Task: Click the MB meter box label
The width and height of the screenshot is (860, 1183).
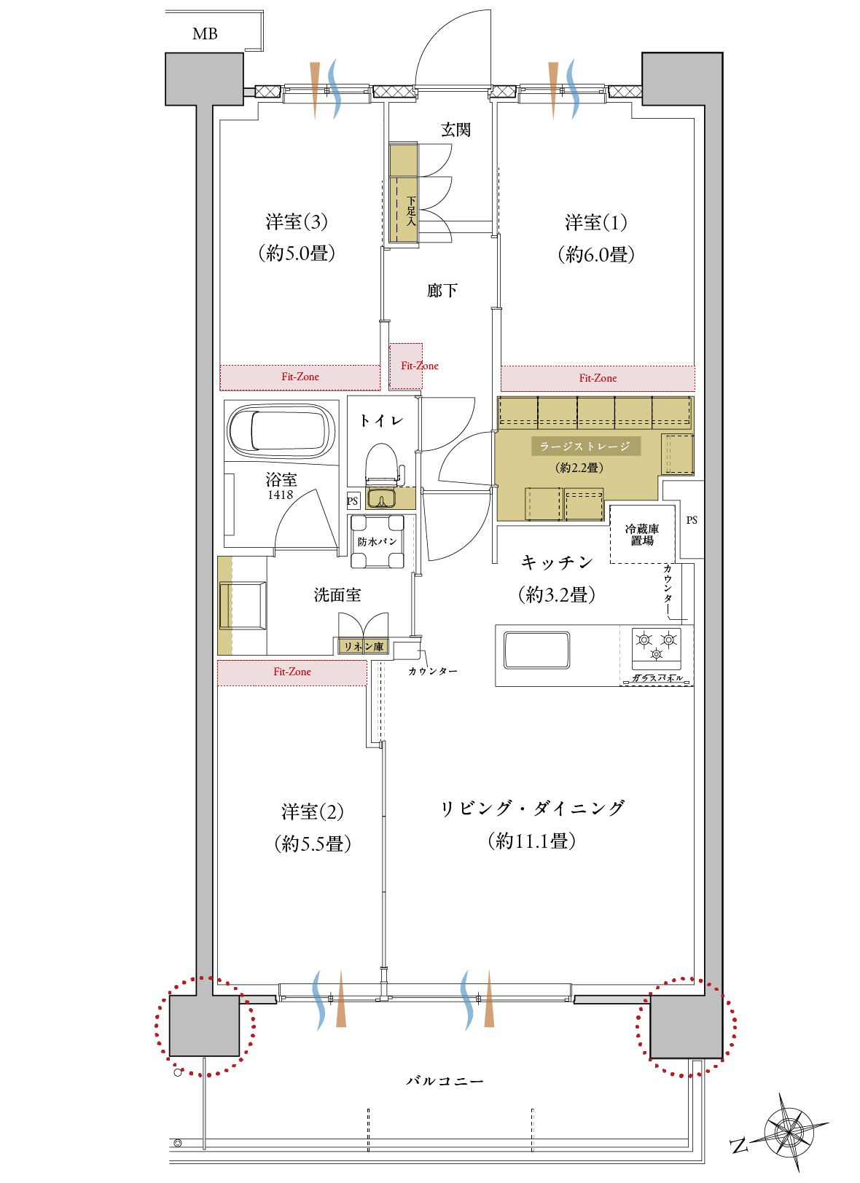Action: (205, 34)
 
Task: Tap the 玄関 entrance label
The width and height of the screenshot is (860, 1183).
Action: (456, 130)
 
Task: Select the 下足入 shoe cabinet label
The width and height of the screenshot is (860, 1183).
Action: (411, 211)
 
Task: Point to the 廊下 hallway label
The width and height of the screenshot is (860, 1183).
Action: (442, 290)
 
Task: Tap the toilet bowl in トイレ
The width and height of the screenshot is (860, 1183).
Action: (381, 464)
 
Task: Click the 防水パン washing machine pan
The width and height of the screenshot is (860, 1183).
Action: (377, 541)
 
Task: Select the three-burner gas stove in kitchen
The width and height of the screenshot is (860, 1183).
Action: (656, 648)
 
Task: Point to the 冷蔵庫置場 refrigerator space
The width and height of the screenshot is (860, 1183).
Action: (642, 534)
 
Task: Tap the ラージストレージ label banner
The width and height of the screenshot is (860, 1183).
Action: (586, 447)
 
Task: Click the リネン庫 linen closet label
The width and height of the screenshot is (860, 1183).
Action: (364, 646)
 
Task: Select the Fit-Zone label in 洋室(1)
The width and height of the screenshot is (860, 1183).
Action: (598, 378)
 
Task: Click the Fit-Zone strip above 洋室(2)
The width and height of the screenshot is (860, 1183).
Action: (292, 672)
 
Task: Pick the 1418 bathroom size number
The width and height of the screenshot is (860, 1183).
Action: (280, 495)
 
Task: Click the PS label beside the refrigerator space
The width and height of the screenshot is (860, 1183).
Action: (692, 520)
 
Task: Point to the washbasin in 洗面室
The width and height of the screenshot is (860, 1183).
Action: (243, 605)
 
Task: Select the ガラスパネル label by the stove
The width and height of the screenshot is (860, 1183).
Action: (657, 677)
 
